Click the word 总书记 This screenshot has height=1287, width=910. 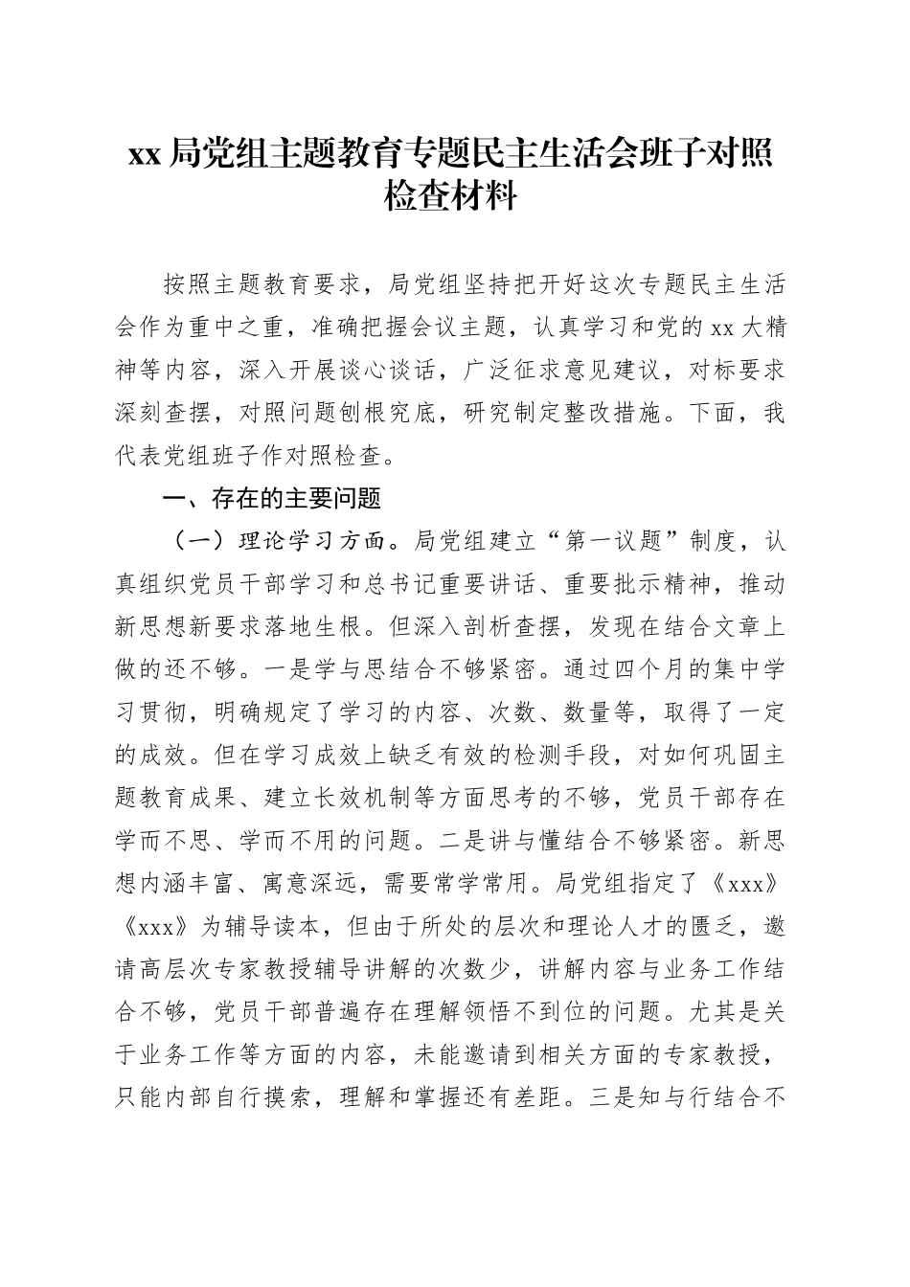[469, 583]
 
